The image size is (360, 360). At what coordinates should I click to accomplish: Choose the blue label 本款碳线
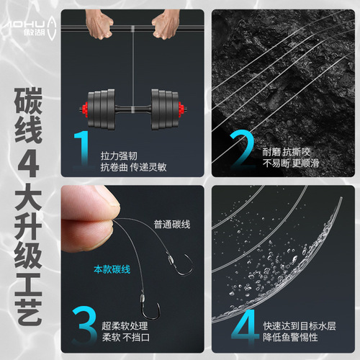coord(112,269)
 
